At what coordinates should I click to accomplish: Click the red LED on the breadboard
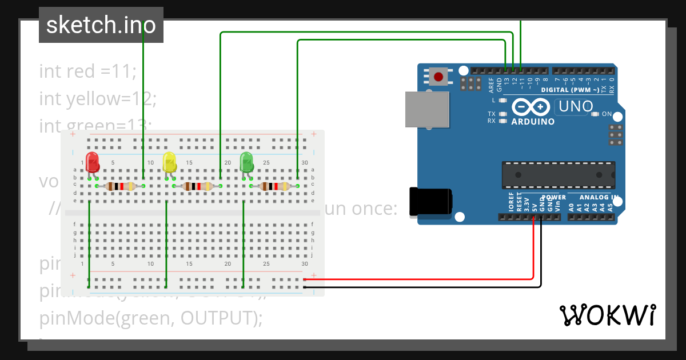point(92,161)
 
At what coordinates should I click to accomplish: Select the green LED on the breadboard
point(246,162)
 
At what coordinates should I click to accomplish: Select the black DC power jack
point(430,202)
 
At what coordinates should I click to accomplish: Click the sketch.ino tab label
point(101,25)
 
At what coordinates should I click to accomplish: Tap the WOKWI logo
point(607,315)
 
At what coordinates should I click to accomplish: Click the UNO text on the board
point(575,106)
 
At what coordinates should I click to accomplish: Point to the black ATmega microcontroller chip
point(559,175)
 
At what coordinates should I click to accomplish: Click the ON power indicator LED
point(595,114)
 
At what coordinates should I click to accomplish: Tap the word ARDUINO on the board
point(533,122)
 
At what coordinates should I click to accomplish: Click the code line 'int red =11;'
point(87,71)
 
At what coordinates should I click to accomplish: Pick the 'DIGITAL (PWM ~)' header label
point(569,90)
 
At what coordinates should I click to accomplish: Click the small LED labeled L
point(503,101)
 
